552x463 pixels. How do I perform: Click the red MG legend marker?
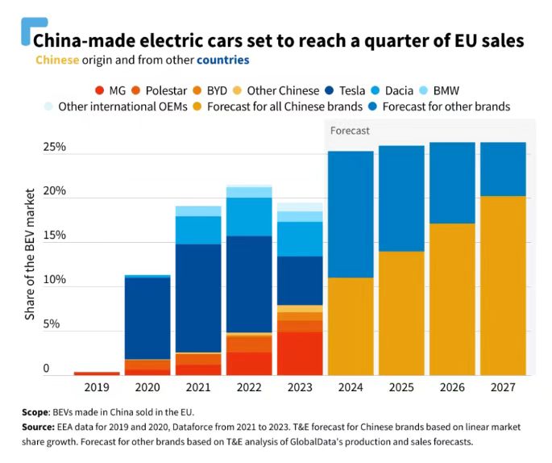[100, 90]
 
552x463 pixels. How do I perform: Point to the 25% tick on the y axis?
[54, 148]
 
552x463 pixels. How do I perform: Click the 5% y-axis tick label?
[52, 324]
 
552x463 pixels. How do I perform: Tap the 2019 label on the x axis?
[96, 387]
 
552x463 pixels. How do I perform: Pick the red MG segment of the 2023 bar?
[300, 353]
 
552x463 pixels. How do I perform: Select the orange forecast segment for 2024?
[351, 327]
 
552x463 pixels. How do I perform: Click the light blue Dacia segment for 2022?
[249, 216]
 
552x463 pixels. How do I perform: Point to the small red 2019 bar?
[97, 373]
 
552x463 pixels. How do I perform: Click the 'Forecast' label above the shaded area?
[351, 131]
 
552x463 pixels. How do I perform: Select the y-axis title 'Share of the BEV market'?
[30, 254]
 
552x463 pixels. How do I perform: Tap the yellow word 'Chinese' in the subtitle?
[57, 60]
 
